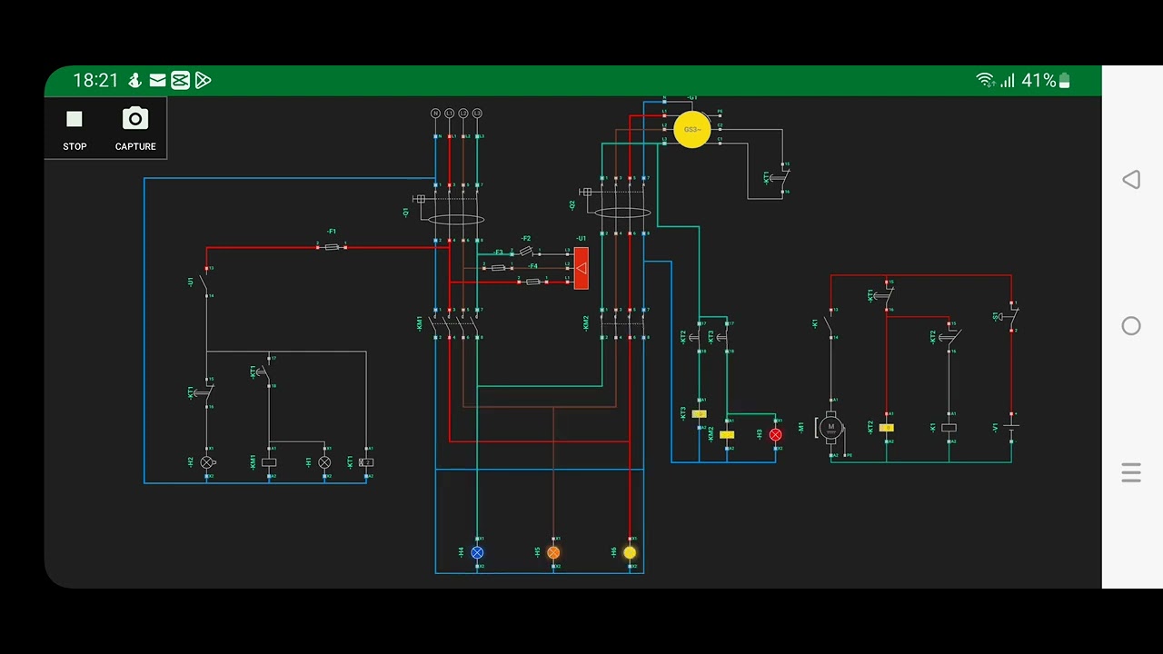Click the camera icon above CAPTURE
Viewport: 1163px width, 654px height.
[x=135, y=119]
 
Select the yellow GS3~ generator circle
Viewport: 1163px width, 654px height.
[x=692, y=130]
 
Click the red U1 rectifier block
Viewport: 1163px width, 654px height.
[x=581, y=268]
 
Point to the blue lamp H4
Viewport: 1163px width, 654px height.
[x=477, y=552]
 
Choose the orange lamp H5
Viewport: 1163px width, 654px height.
[x=553, y=552]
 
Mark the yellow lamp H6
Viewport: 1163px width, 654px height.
[x=630, y=552]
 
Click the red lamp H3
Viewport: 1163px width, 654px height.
[x=775, y=435]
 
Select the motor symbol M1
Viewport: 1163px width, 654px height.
[x=830, y=427]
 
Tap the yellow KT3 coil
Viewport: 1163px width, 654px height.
[x=699, y=414]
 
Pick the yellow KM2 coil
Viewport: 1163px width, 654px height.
[x=727, y=435]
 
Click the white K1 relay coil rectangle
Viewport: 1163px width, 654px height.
[x=949, y=427]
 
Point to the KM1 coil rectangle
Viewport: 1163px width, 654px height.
[x=269, y=462]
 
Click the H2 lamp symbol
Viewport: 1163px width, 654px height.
[x=207, y=462]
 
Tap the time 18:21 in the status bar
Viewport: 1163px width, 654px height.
[x=95, y=81]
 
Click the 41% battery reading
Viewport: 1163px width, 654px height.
[x=1039, y=81]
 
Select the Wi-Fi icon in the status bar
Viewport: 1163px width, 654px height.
[x=985, y=81]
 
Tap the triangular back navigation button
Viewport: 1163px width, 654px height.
[x=1131, y=180]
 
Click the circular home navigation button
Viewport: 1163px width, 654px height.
[x=1131, y=326]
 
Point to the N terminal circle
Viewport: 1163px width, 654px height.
[x=435, y=114]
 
